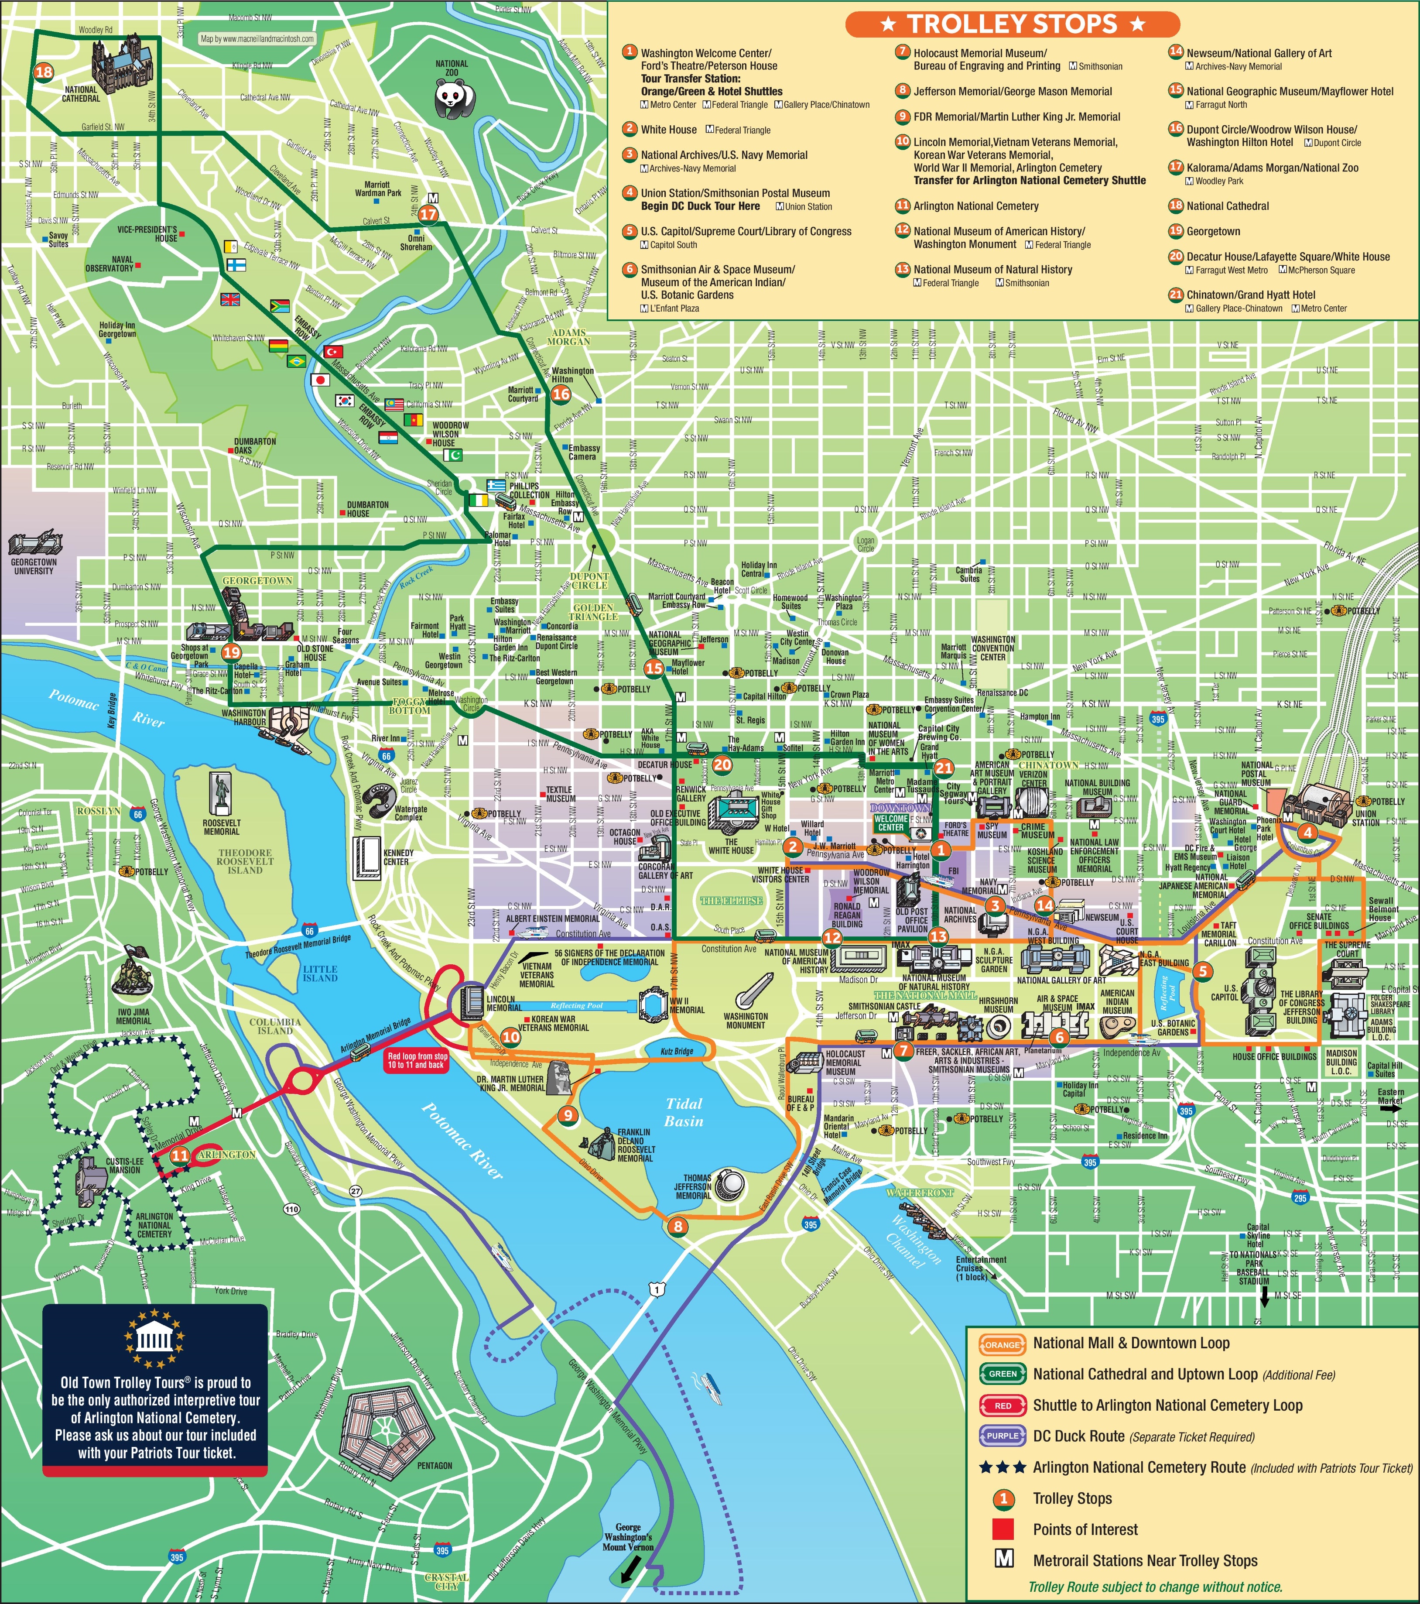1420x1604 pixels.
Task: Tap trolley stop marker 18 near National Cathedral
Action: (x=43, y=72)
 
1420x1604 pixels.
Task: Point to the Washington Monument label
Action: (x=745, y=1020)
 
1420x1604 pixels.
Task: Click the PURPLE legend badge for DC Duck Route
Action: (x=1003, y=1436)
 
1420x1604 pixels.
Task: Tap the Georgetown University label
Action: (x=33, y=566)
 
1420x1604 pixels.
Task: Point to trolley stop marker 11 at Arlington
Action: (x=180, y=1155)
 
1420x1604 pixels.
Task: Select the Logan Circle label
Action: (x=866, y=544)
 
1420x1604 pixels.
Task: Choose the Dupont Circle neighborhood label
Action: (x=589, y=581)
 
